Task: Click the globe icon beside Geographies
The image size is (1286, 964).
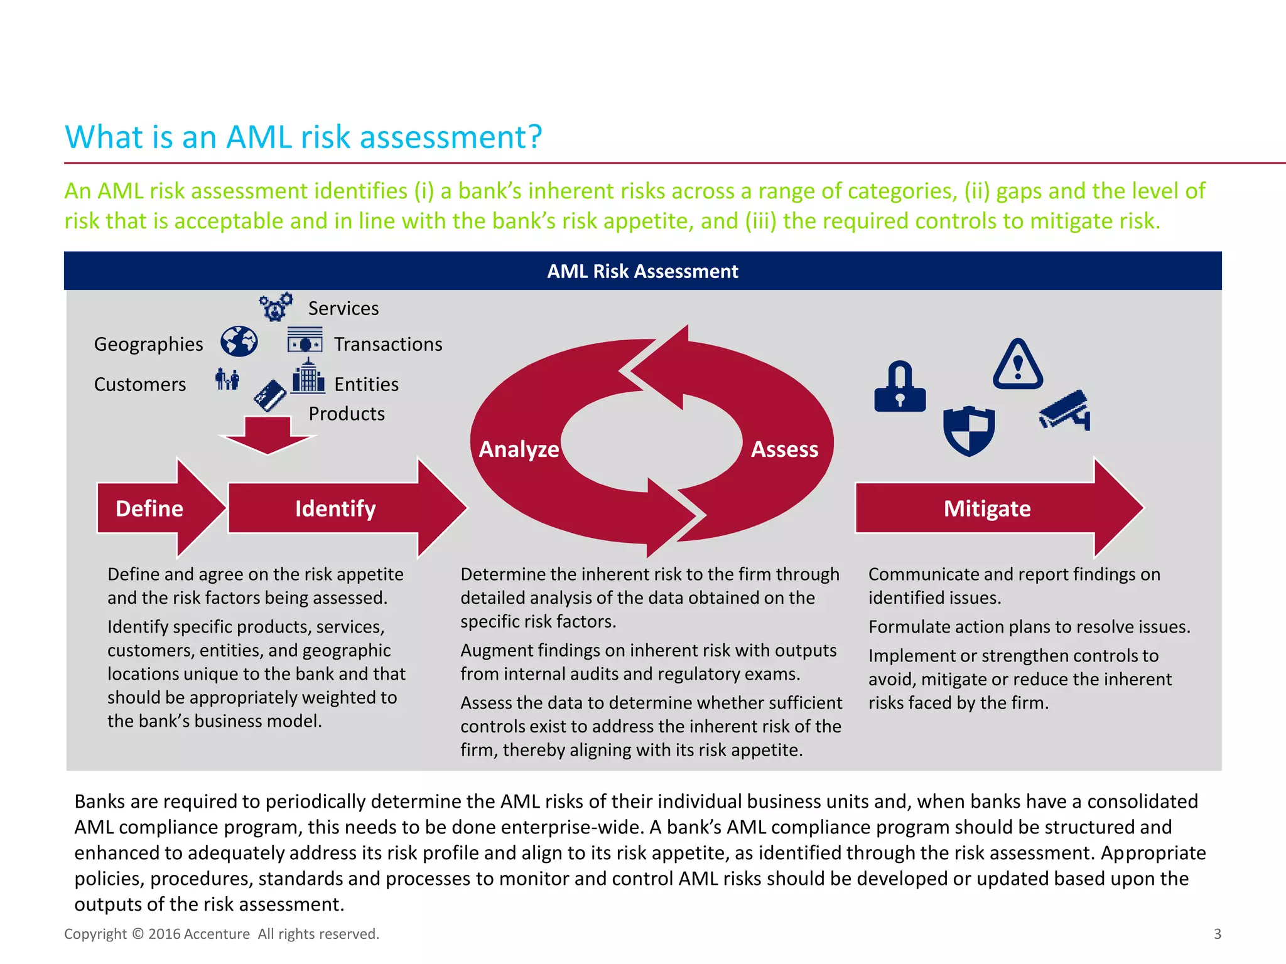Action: [x=239, y=342]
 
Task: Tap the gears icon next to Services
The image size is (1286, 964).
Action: [x=276, y=307]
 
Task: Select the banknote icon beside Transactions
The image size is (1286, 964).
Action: [x=305, y=341]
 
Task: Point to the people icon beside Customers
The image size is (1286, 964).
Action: [x=227, y=379]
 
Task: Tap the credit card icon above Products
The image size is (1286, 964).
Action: [x=270, y=395]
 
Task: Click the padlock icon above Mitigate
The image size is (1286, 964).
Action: [x=900, y=387]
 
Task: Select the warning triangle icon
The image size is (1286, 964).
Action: [x=1018, y=366]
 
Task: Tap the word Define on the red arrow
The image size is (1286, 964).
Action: [x=149, y=508]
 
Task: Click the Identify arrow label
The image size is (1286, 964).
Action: [x=335, y=508]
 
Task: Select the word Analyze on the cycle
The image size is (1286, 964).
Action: [x=519, y=449]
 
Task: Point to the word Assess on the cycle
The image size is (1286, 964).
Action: [x=784, y=449]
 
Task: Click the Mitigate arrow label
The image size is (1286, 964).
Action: [x=987, y=508]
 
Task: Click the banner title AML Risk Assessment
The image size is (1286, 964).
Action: [x=642, y=271]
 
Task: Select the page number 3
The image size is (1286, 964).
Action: [x=1217, y=934]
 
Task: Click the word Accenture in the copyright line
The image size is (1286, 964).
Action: [x=217, y=934]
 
